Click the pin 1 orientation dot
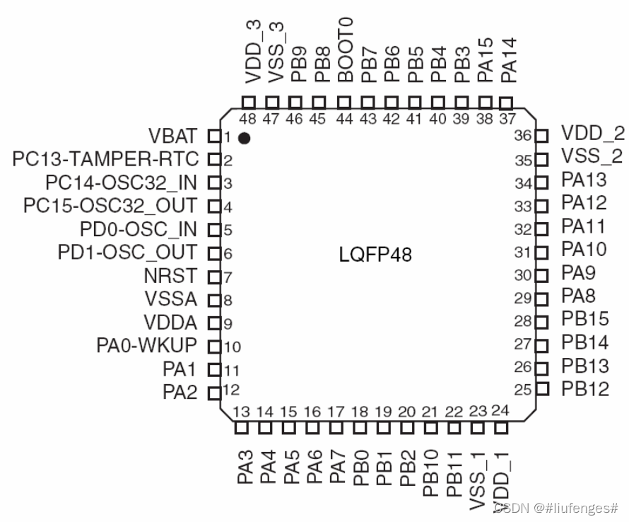click(x=245, y=138)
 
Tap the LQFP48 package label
click(x=375, y=254)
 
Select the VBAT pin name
click(x=174, y=136)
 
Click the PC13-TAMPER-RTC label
click(x=106, y=158)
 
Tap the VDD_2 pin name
click(x=584, y=133)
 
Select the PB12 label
click(x=584, y=389)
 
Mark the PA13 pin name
click(x=584, y=180)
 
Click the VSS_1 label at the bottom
click(x=478, y=477)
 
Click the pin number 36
click(x=522, y=136)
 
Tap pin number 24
click(x=500, y=410)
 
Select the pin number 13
click(x=242, y=412)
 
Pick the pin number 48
click(x=247, y=119)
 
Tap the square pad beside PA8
click(x=542, y=298)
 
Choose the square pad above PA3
click(x=242, y=427)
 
